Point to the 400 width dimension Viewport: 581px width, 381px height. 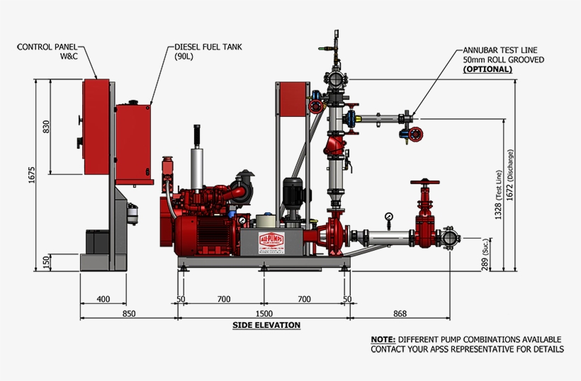pyautogui.click(x=103, y=300)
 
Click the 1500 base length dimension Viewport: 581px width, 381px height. pyautogui.click(x=264, y=313)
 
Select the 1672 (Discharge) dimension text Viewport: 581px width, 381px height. pyautogui.click(x=508, y=174)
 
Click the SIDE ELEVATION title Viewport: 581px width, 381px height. pyautogui.click(x=266, y=326)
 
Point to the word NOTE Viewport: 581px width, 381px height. pyautogui.click(x=383, y=339)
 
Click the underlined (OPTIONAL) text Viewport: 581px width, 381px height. pyautogui.click(x=487, y=69)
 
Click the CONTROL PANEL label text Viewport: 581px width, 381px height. pyautogui.click(x=47, y=47)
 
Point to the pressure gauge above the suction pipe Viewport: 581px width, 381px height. pyautogui.click(x=388, y=216)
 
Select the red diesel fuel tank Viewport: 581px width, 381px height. pyautogui.click(x=135, y=144)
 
